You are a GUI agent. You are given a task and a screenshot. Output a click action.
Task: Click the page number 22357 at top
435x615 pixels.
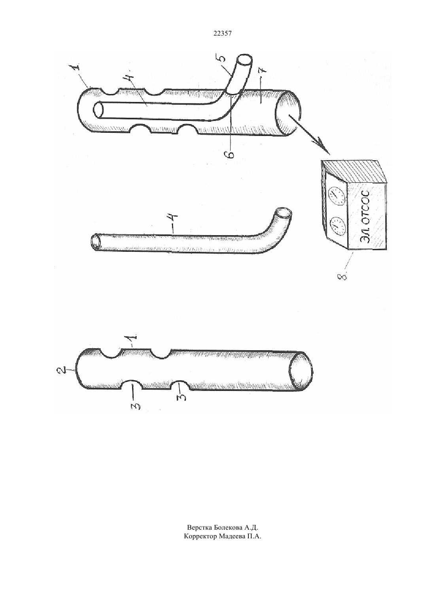click(222, 33)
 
